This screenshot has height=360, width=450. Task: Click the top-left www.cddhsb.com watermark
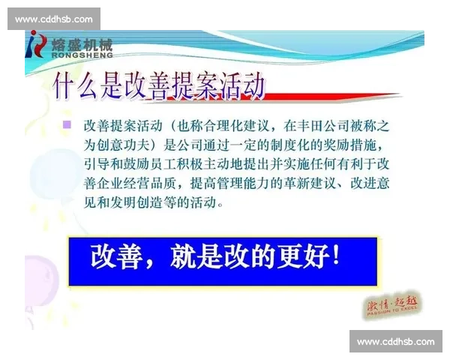pyautogui.click(x=54, y=19)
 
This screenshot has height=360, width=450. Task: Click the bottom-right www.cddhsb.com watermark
pyautogui.click(x=396, y=342)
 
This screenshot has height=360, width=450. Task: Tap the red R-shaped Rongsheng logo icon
pyautogui.click(x=37, y=46)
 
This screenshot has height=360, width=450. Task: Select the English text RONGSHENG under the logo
pyautogui.click(x=83, y=55)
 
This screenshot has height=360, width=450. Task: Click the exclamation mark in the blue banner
pyautogui.click(x=334, y=257)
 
